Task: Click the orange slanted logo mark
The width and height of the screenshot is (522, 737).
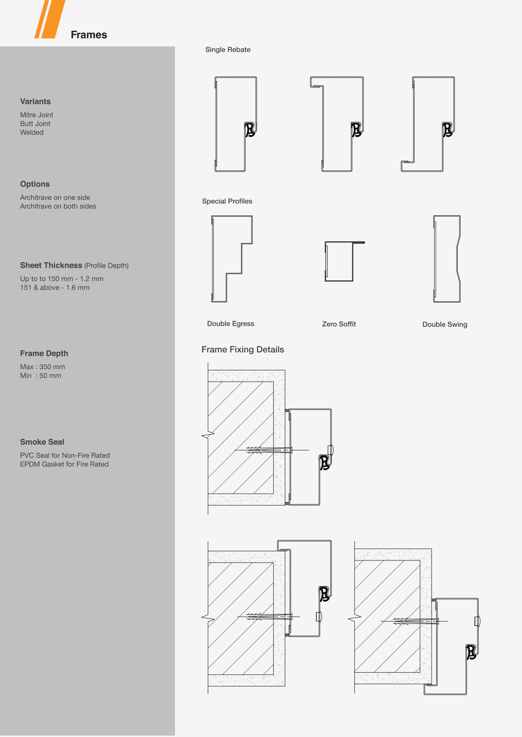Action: pos(50,19)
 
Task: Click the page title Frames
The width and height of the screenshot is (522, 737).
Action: pos(89,35)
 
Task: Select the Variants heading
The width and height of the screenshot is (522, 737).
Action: pos(35,101)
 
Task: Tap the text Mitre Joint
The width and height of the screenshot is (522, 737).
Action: pos(37,115)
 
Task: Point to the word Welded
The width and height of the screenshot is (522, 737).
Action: pos(32,132)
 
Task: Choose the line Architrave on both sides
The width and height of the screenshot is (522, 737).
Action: pos(58,206)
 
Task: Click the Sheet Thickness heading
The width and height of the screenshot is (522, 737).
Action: pos(51,265)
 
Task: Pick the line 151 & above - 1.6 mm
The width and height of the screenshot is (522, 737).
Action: pos(55,288)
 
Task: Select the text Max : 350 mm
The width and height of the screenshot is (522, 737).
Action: pos(42,367)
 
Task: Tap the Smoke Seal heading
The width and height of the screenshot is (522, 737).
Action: pos(42,442)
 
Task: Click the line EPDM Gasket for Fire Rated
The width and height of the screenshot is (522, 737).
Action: pos(64,464)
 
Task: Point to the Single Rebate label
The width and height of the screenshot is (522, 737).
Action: pos(228,50)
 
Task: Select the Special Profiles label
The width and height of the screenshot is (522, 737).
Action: pos(227,201)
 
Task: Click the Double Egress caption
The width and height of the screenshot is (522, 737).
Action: pos(231,324)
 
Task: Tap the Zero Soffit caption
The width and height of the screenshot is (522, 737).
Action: pos(339,324)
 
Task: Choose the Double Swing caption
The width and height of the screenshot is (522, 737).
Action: pos(445,325)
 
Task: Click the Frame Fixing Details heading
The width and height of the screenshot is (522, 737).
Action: pos(243,349)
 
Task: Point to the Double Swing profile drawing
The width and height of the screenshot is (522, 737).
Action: pos(435,259)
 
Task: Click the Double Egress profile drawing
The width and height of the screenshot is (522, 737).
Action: pos(212,259)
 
